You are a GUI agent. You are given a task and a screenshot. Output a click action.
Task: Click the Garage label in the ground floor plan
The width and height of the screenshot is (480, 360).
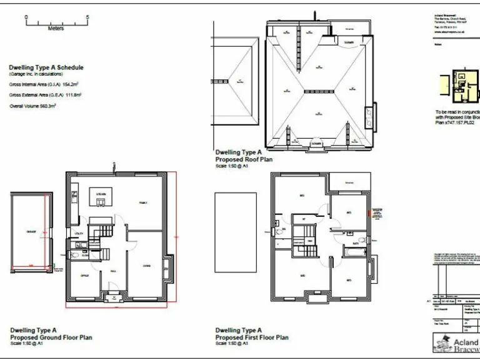[x=31, y=232]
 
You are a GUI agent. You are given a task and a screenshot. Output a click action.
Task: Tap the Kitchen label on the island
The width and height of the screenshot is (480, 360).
[x=101, y=196]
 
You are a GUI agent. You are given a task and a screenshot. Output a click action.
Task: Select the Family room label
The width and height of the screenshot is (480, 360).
[x=143, y=203]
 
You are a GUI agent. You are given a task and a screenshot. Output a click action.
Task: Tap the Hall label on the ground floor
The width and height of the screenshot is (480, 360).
[x=114, y=271]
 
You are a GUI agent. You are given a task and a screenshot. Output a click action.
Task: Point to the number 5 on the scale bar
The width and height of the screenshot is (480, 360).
[x=87, y=17]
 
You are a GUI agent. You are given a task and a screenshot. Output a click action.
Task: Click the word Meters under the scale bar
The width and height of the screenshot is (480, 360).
[x=56, y=28]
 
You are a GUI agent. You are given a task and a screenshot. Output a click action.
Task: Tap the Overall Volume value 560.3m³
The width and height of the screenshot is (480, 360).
[x=45, y=106]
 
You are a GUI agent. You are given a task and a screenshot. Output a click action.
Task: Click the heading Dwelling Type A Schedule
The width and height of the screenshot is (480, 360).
[x=46, y=67]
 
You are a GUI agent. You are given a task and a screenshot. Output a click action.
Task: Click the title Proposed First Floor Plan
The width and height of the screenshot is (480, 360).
[x=252, y=337]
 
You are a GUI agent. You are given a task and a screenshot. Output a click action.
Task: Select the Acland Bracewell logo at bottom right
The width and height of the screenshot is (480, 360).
[x=456, y=342]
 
